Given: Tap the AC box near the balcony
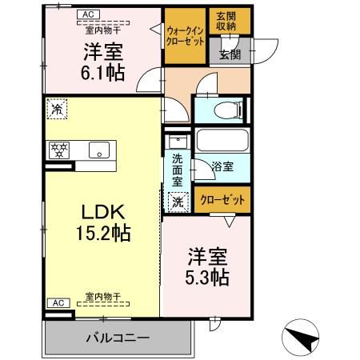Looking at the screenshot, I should click(x=56, y=303).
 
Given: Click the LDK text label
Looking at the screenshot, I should click(x=101, y=212).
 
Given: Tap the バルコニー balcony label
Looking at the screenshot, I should click(x=118, y=338).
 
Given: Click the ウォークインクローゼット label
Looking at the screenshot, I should click(x=185, y=33).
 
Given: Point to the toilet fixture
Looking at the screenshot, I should click(x=228, y=110).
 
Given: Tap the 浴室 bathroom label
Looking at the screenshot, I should click(x=222, y=168).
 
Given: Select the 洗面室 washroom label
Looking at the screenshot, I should click(x=178, y=169).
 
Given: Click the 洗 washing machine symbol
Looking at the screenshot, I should click(x=178, y=202).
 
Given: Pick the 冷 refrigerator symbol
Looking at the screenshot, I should click(x=58, y=108).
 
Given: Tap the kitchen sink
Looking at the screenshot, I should click(x=101, y=149).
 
